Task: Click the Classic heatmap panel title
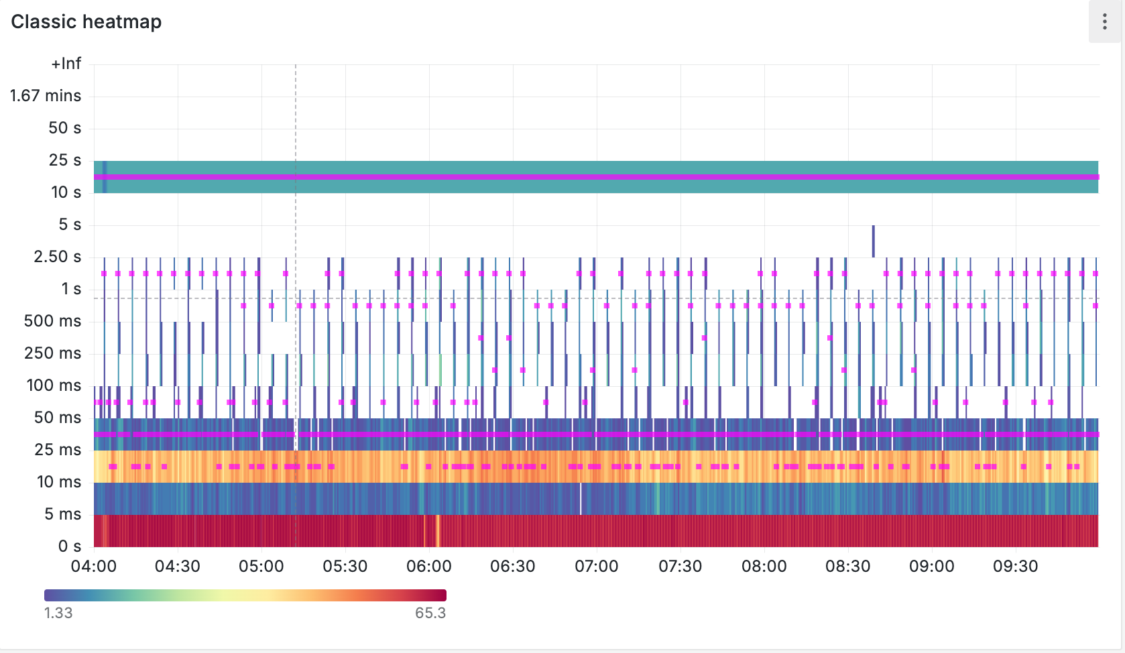86,22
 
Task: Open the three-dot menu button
1104,22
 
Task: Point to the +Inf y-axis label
66,64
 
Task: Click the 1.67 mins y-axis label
46,96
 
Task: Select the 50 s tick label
64,128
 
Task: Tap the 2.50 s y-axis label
58,257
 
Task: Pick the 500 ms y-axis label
52,321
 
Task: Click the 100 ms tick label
54,385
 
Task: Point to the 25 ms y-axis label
58,450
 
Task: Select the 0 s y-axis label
70,546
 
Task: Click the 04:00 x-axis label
94,567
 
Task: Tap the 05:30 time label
345,567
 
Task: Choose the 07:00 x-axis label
597,567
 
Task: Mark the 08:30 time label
848,567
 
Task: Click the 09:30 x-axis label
1016,567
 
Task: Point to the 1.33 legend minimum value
58,613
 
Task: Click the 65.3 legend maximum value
430,613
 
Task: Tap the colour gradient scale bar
245,595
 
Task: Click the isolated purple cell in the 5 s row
873,241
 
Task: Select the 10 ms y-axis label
59,482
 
